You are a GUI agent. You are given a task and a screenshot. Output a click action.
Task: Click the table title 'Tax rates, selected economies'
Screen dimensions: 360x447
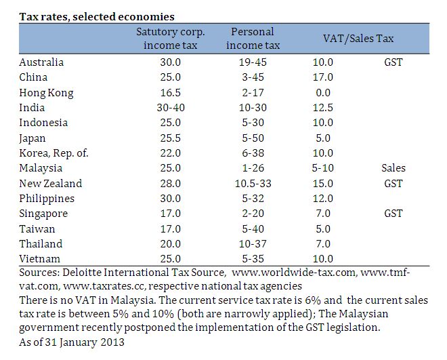pos(96,16)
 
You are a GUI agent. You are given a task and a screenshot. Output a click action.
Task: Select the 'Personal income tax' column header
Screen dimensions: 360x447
pos(253,39)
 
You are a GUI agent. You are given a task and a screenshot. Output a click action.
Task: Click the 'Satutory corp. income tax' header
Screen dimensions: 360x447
pos(171,39)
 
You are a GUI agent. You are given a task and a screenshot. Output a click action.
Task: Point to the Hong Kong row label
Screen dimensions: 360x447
pos(46,92)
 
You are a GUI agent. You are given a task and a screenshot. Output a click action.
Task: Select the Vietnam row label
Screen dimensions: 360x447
pos(40,258)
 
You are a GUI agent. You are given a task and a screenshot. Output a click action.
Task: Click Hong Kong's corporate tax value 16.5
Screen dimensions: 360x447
pos(171,92)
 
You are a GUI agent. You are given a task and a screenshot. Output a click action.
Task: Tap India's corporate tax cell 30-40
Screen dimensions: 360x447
pos(171,107)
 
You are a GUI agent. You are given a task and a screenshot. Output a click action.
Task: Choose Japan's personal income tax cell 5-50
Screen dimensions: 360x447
pos(253,138)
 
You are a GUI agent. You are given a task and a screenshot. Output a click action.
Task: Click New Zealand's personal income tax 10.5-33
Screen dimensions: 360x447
pos(253,183)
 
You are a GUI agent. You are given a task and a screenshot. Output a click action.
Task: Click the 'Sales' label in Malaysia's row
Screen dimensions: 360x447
pos(393,167)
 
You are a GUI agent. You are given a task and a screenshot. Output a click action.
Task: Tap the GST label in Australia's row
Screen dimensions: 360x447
pos(393,62)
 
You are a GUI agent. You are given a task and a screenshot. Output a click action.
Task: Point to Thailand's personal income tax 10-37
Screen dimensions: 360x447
pos(253,243)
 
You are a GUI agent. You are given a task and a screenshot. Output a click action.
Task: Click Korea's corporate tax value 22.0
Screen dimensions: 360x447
pos(171,153)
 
